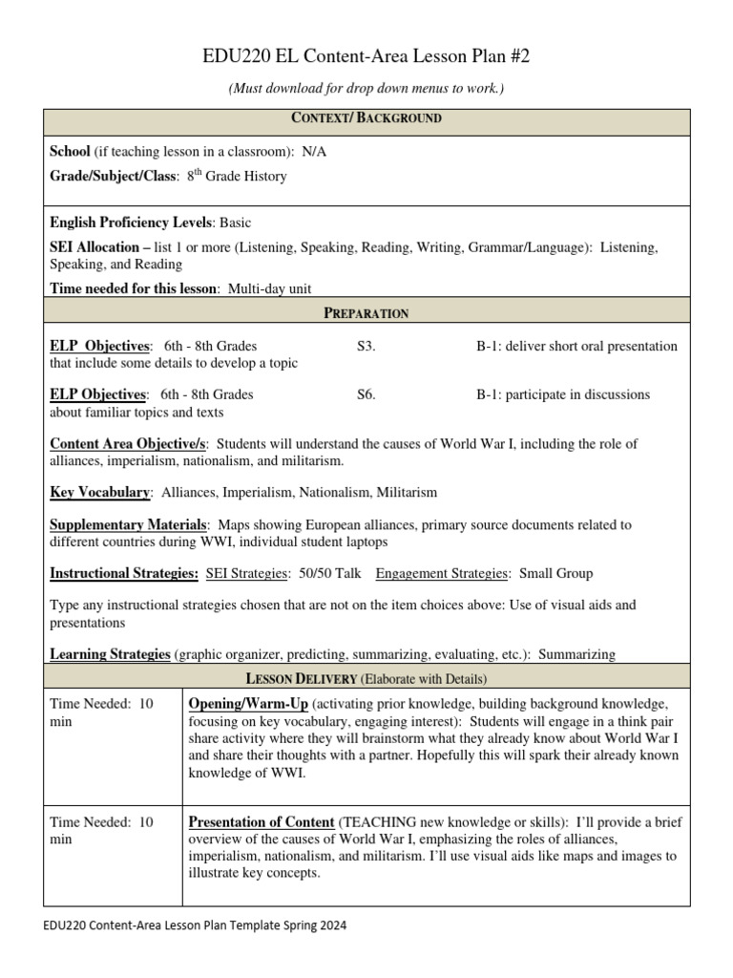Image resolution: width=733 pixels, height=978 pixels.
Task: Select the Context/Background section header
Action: (x=366, y=118)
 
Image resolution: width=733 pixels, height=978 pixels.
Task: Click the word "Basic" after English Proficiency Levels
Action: (x=235, y=223)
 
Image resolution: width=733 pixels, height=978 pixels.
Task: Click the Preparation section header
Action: (x=366, y=312)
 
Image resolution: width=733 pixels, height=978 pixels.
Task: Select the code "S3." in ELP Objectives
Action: (x=366, y=346)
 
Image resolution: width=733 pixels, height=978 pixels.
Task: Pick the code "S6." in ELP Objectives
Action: (x=366, y=393)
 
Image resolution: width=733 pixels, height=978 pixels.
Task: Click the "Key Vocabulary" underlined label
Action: (x=100, y=492)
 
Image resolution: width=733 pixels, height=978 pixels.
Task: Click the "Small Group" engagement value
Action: (x=555, y=573)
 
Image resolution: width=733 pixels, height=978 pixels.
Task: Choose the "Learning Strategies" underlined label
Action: (x=110, y=654)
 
